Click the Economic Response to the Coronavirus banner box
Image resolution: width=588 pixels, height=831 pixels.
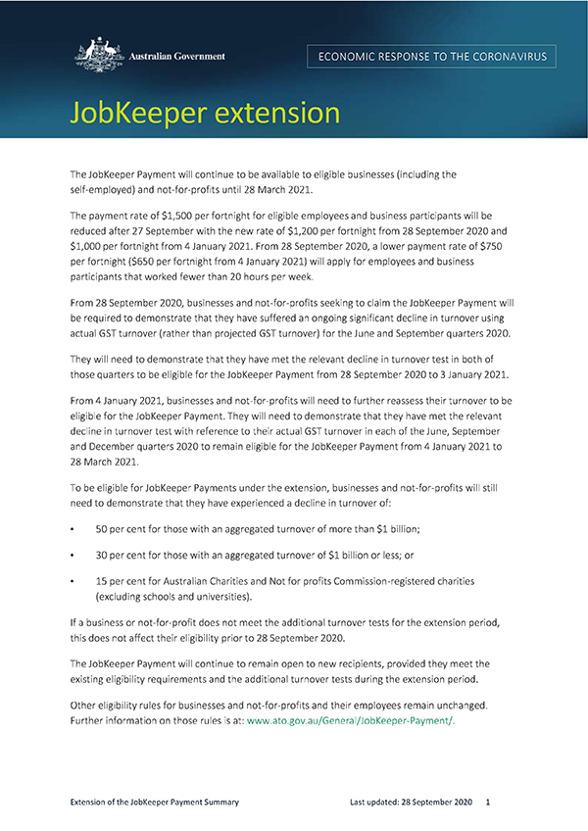coord(431,56)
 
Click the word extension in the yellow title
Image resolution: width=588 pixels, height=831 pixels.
coord(284,113)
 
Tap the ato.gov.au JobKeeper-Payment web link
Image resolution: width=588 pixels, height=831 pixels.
coord(352,720)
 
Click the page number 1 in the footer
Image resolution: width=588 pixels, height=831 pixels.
coord(487,802)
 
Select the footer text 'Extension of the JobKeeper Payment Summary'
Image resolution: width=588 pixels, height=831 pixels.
coord(155,802)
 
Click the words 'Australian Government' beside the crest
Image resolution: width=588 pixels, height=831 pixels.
coord(177,56)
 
